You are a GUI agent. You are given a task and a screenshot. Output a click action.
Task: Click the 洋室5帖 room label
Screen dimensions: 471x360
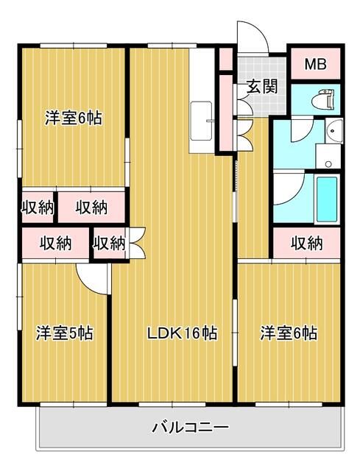click(x=65, y=333)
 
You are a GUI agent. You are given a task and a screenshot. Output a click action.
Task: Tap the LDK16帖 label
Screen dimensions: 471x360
click(x=182, y=333)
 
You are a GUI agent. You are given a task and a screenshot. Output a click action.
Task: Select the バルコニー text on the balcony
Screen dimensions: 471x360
click(x=191, y=427)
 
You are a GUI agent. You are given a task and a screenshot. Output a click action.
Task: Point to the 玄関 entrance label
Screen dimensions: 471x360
click(x=261, y=86)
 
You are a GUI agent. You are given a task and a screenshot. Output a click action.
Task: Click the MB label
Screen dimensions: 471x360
click(x=315, y=63)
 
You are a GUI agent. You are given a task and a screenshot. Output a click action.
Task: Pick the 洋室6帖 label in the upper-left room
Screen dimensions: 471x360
click(x=73, y=118)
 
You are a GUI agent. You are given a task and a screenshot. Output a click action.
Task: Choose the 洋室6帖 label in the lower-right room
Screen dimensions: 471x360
click(x=289, y=333)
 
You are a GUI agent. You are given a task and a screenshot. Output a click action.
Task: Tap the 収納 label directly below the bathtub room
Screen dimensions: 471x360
click(x=307, y=242)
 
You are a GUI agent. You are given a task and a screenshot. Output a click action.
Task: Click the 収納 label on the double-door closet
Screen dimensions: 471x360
click(x=109, y=242)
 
